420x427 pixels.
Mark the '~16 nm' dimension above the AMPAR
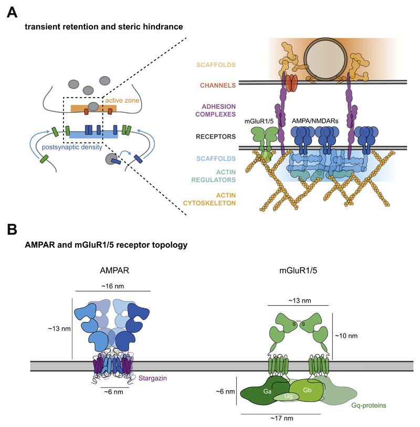pos(113,285)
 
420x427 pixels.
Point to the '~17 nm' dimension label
pos(281,419)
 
